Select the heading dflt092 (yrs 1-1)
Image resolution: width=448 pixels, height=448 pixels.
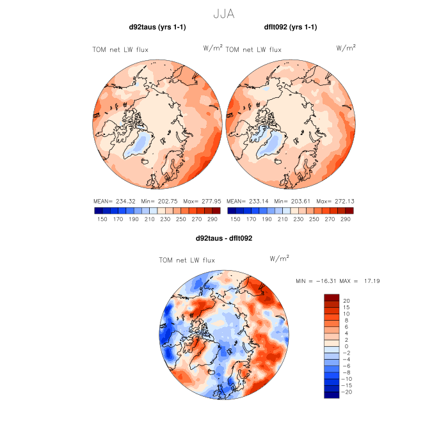click(291, 27)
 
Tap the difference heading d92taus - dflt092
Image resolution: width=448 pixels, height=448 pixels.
click(224, 238)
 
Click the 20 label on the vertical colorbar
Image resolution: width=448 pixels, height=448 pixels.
click(346, 300)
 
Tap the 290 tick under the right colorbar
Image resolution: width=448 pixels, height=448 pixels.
click(346, 219)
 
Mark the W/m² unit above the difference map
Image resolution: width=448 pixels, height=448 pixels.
click(280, 259)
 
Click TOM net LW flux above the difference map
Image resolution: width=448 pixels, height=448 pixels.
click(187, 260)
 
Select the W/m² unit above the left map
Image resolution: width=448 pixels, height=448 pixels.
click(212, 48)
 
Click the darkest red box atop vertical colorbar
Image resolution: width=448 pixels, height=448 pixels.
click(331, 298)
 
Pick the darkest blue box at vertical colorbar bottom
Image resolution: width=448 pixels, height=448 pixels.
click(331, 395)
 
